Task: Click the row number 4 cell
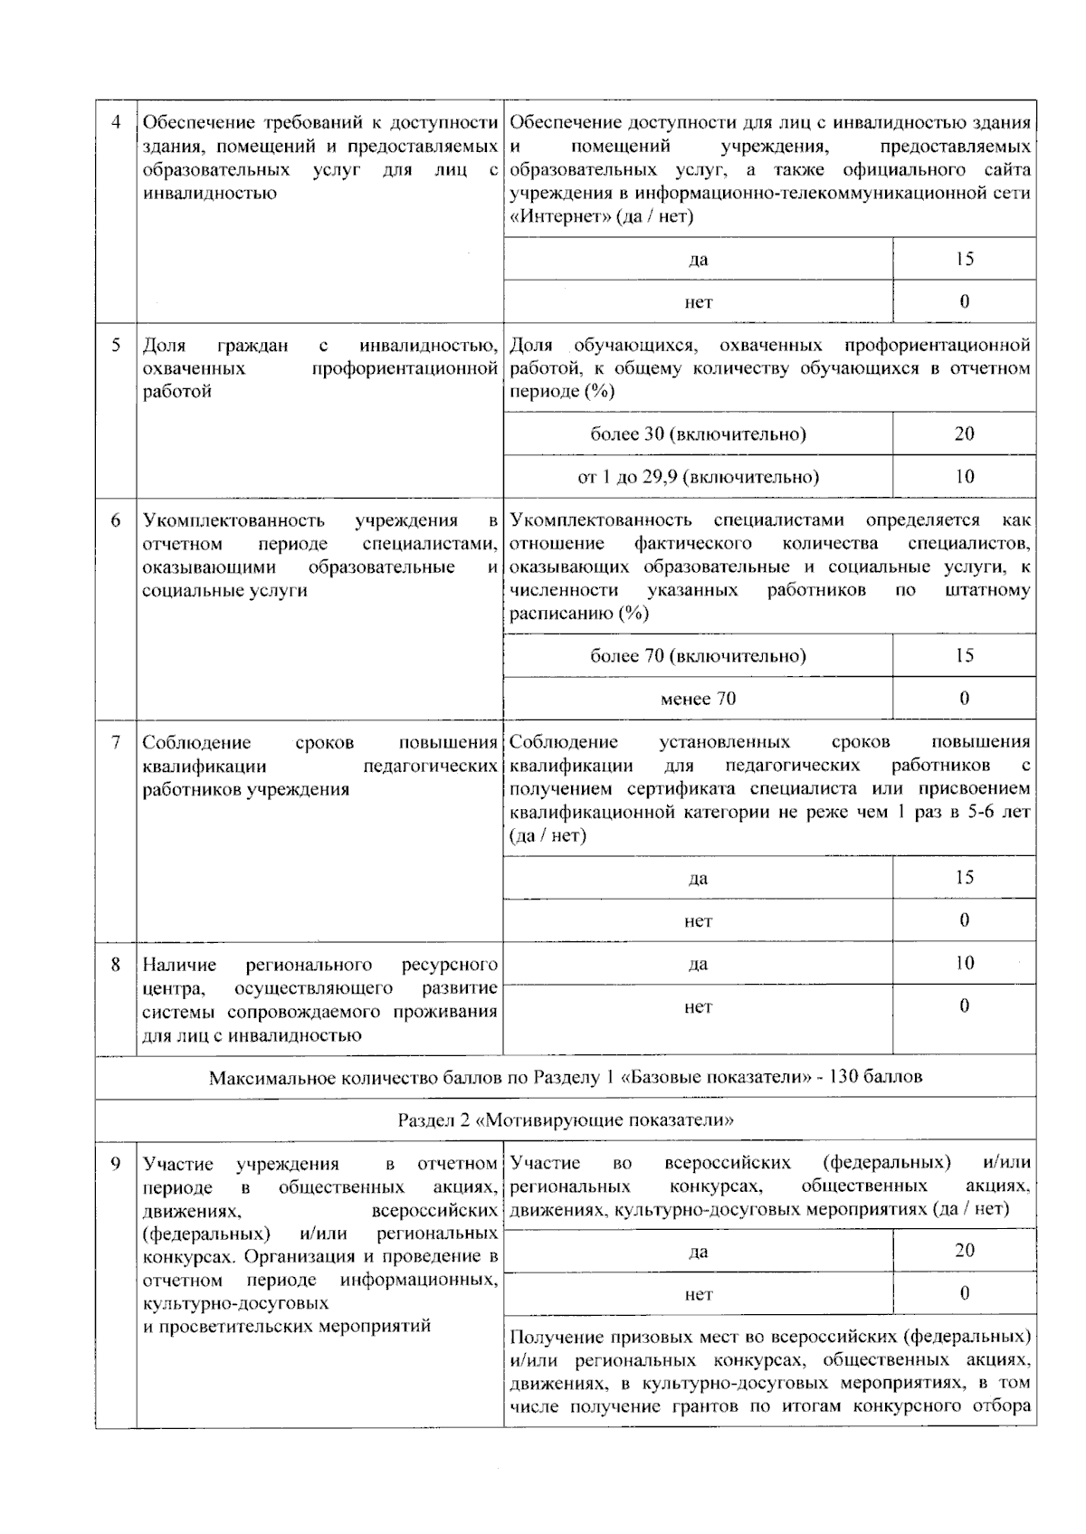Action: (116, 122)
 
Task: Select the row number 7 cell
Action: (116, 743)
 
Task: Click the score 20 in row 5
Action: (964, 434)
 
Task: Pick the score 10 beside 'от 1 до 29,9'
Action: (964, 476)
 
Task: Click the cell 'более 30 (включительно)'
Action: (698, 434)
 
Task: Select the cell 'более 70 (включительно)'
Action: (698, 655)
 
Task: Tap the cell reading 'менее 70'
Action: (698, 698)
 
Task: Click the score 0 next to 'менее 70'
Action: (964, 698)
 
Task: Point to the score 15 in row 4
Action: (964, 259)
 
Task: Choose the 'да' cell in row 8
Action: (698, 964)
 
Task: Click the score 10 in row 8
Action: (964, 963)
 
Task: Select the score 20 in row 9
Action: (964, 1250)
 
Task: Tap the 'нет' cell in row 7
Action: (698, 920)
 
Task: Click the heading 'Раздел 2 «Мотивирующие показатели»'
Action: (566, 1120)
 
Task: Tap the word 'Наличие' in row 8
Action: (179, 965)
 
